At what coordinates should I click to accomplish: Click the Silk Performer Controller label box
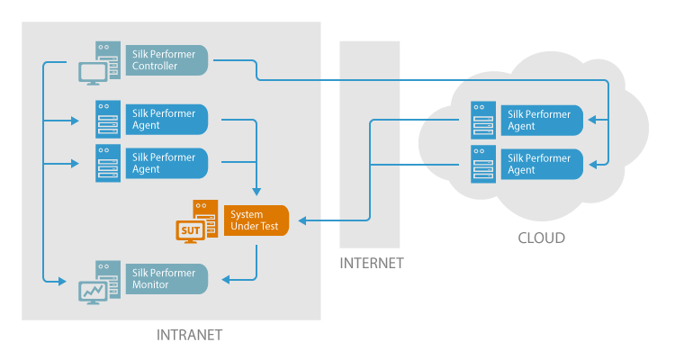pyautogui.click(x=166, y=60)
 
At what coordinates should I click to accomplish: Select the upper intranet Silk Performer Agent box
pyautogui.click(x=166, y=120)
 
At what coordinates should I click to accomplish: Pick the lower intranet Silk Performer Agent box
pyautogui.click(x=166, y=163)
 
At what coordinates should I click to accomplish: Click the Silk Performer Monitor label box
pyautogui.click(x=166, y=278)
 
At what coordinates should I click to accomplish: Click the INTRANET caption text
pyautogui.click(x=189, y=335)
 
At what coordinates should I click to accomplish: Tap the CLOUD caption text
pyautogui.click(x=542, y=238)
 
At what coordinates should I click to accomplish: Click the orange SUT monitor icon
pyautogui.click(x=191, y=231)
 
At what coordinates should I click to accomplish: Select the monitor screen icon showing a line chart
pyautogui.click(x=93, y=292)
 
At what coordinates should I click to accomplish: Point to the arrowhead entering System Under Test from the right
pyautogui.click(x=303, y=220)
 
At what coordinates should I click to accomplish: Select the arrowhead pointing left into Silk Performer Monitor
pyautogui.click(x=226, y=279)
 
